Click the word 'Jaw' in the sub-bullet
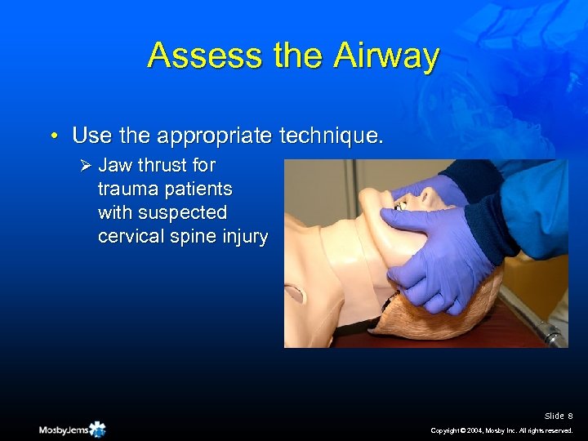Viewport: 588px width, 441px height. (115, 165)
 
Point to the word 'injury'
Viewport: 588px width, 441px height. (243, 236)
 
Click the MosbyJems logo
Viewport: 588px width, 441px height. (72, 428)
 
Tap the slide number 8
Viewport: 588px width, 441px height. (570, 416)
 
